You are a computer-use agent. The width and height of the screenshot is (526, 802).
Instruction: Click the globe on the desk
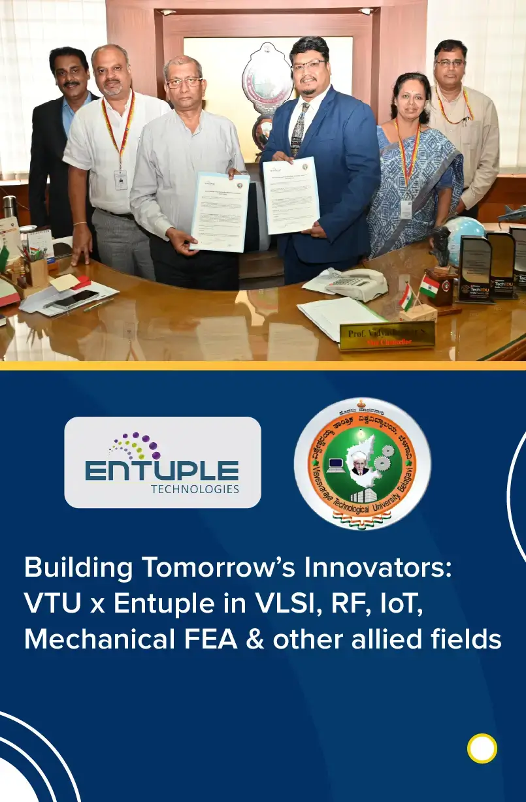[x=463, y=240]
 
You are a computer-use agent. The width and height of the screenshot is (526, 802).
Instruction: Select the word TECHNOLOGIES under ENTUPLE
[x=195, y=489]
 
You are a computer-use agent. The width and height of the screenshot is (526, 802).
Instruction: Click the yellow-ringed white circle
[x=482, y=748]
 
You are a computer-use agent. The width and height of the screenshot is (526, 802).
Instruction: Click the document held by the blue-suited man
[x=291, y=195]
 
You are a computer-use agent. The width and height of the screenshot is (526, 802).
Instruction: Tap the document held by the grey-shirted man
[x=220, y=212]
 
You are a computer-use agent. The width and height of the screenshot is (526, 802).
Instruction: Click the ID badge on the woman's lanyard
[x=406, y=209]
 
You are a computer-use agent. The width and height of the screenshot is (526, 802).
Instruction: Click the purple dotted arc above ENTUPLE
[x=135, y=445]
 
